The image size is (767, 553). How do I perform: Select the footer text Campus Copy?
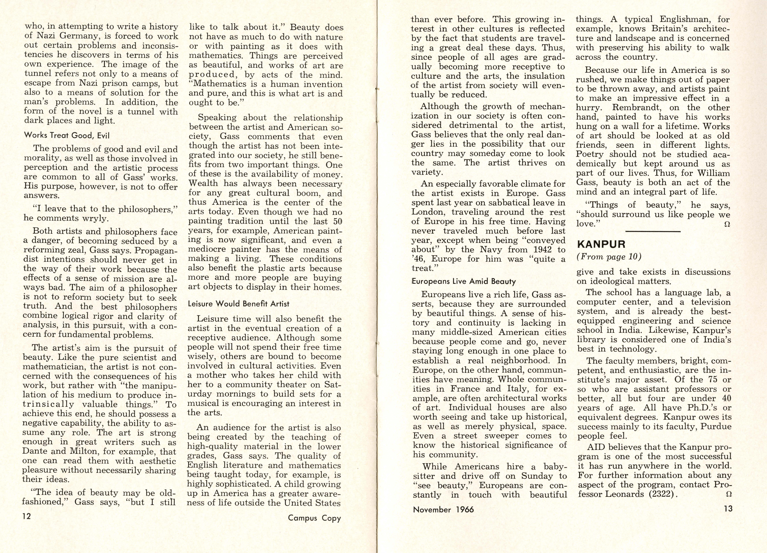pyautogui.click(x=314, y=518)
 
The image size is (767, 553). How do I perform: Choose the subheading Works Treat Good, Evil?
pyautogui.click(x=67, y=135)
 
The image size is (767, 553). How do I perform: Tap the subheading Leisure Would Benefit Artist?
pyautogui.click(x=238, y=304)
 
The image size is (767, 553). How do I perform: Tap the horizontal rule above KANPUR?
pyautogui.click(x=653, y=231)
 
